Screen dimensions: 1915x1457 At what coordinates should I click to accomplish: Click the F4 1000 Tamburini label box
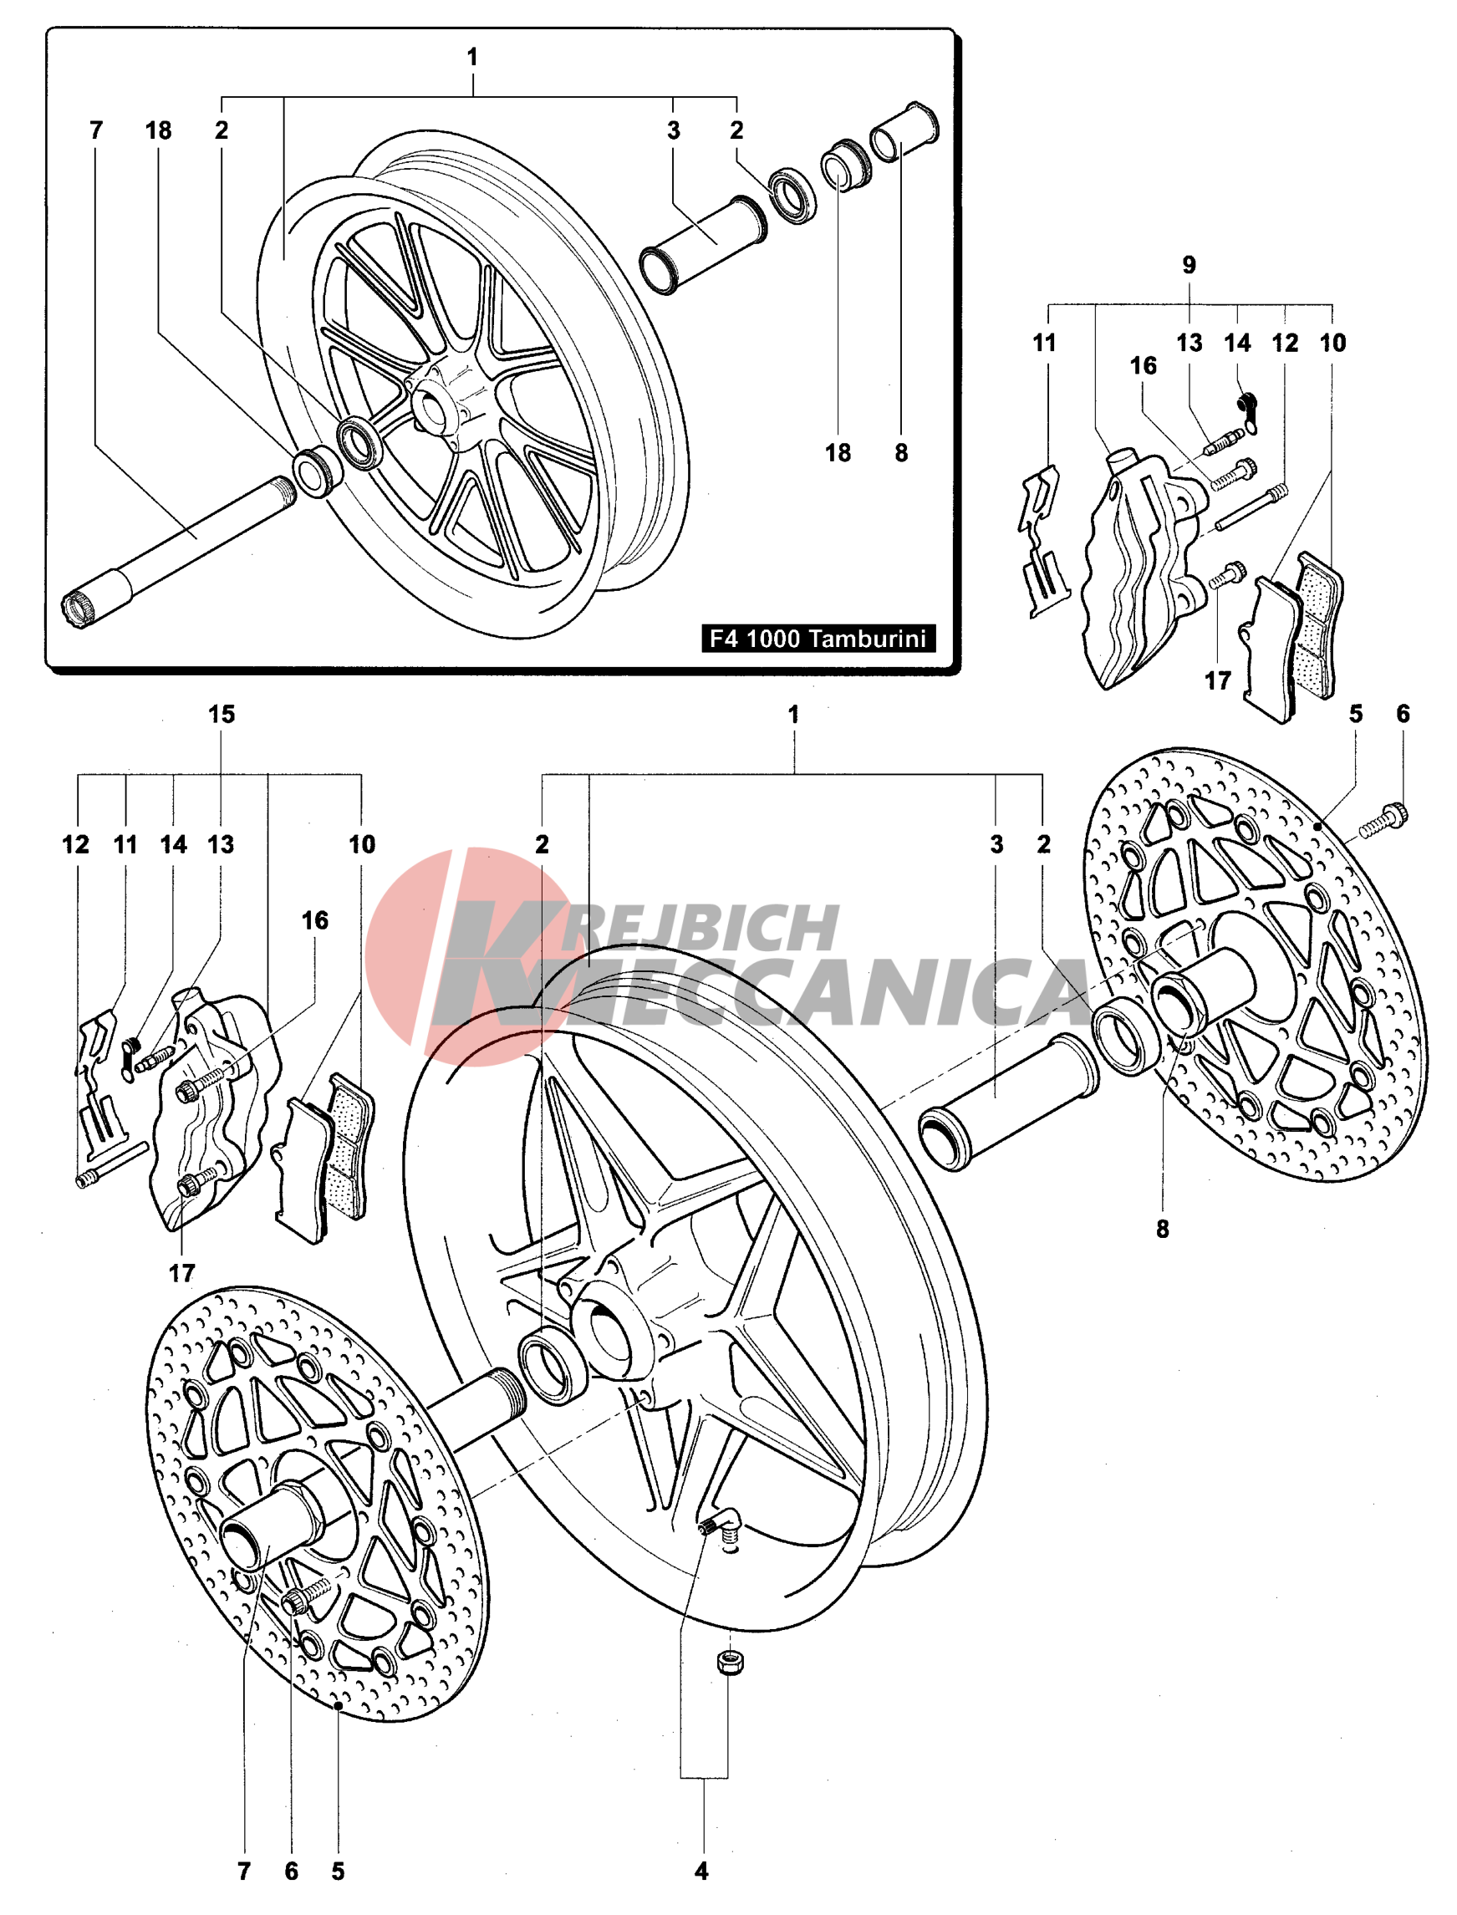coord(817,639)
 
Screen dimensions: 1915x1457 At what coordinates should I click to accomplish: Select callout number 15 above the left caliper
coord(222,715)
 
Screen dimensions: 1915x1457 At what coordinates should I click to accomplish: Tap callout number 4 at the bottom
coord(701,1871)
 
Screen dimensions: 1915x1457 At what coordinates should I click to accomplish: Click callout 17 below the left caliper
coord(181,1273)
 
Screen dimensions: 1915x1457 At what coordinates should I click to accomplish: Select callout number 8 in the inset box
coord(901,453)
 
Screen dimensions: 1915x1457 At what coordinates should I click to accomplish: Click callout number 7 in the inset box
coord(96,131)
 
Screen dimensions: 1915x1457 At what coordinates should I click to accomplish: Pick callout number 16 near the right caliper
coord(1143,366)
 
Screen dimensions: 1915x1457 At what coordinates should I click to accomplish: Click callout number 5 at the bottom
coord(338,1871)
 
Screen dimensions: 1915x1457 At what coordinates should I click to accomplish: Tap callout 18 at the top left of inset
coord(158,131)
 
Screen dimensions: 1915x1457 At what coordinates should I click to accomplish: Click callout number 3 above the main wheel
coord(996,844)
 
